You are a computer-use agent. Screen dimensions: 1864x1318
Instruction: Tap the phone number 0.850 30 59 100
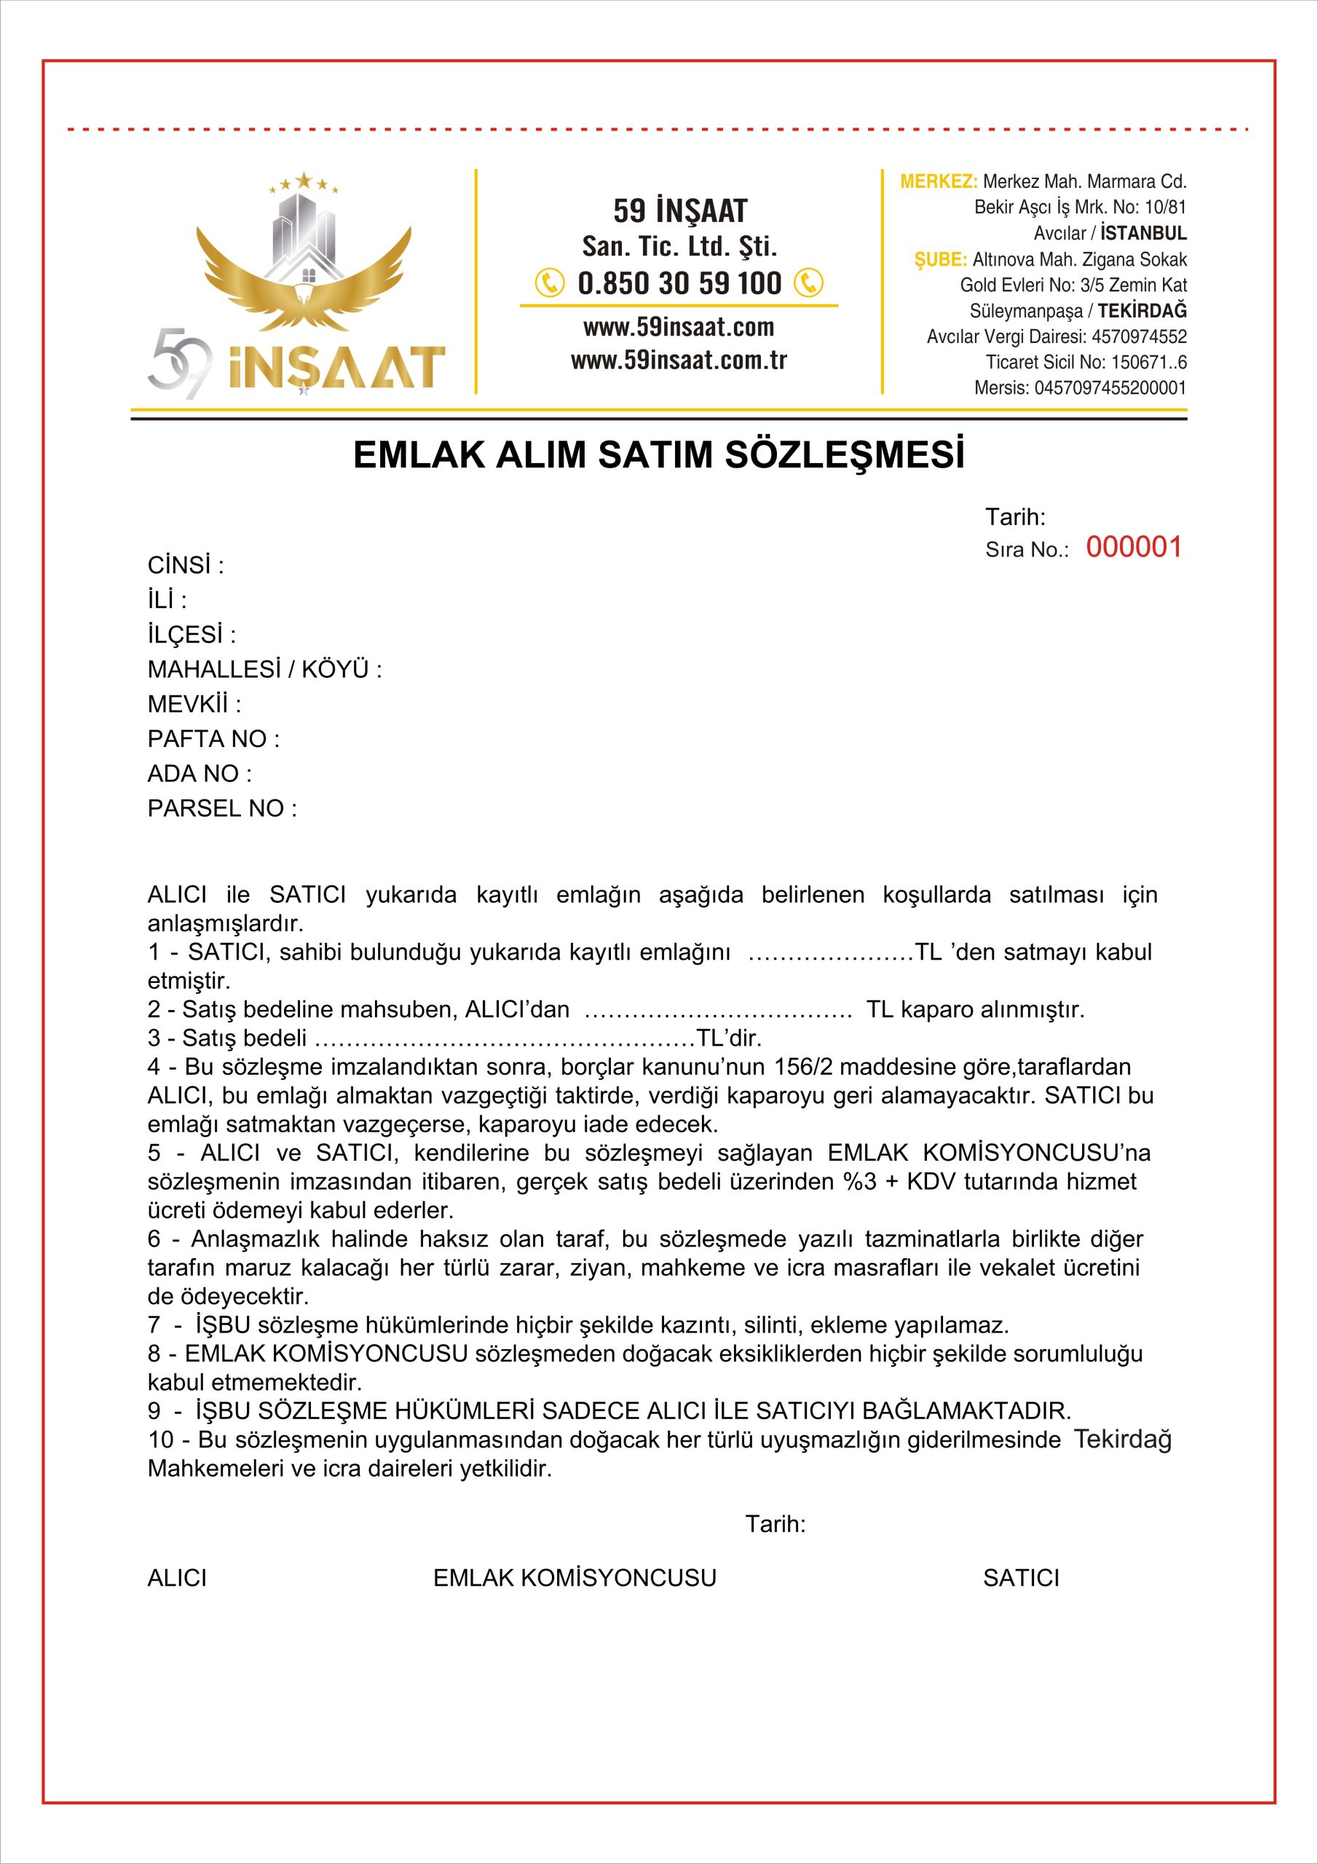[x=679, y=283]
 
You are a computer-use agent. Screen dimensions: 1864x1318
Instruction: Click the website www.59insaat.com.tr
[x=679, y=360]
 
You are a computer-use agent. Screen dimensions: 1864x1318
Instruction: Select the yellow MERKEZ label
[x=938, y=181]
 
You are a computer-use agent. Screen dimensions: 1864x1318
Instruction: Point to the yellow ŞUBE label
[x=940, y=260]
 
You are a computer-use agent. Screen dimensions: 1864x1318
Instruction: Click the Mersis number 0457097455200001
[x=1109, y=388]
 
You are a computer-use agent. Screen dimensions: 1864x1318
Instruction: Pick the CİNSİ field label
[x=185, y=565]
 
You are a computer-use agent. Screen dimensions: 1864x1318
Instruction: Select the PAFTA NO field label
[x=213, y=739]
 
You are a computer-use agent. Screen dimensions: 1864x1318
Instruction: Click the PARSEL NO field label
[x=221, y=809]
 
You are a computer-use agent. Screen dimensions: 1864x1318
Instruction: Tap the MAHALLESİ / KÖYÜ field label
[x=264, y=670]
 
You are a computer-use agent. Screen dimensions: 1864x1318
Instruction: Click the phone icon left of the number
[x=550, y=283]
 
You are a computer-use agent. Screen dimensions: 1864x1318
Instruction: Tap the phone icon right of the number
[x=808, y=283]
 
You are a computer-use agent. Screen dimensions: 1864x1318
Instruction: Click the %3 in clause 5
[x=859, y=1181]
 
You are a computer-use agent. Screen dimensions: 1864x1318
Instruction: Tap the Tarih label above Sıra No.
[x=1015, y=517]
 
